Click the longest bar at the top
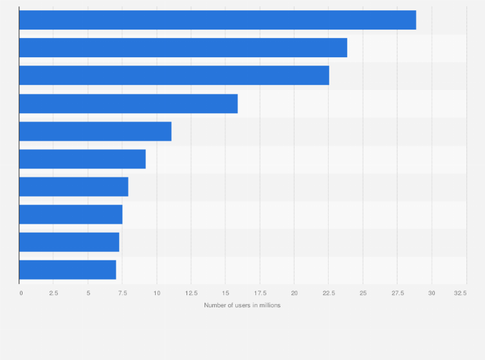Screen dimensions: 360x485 (x=217, y=20)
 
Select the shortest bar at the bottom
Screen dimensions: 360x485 (x=68, y=269)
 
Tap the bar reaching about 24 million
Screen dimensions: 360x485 (x=183, y=48)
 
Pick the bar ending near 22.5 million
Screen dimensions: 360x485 (x=174, y=75)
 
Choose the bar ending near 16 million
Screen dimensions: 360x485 (x=129, y=104)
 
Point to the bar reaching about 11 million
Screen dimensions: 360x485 (x=95, y=131)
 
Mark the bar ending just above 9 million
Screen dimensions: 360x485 (x=82, y=159)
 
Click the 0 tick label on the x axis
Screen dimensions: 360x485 (x=21, y=293)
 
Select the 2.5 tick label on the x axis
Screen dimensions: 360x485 (x=53, y=293)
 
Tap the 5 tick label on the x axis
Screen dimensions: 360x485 (x=88, y=293)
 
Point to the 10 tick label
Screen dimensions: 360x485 (x=156, y=293)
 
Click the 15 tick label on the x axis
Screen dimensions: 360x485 (x=225, y=293)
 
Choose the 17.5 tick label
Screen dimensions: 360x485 (x=259, y=293)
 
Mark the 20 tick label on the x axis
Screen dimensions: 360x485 (x=294, y=293)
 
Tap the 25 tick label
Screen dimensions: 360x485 (x=363, y=293)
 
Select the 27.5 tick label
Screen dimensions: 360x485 (x=397, y=293)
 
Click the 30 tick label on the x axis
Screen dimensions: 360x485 (x=432, y=293)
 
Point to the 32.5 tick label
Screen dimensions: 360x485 (x=460, y=293)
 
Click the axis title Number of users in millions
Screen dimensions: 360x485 (x=243, y=305)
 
